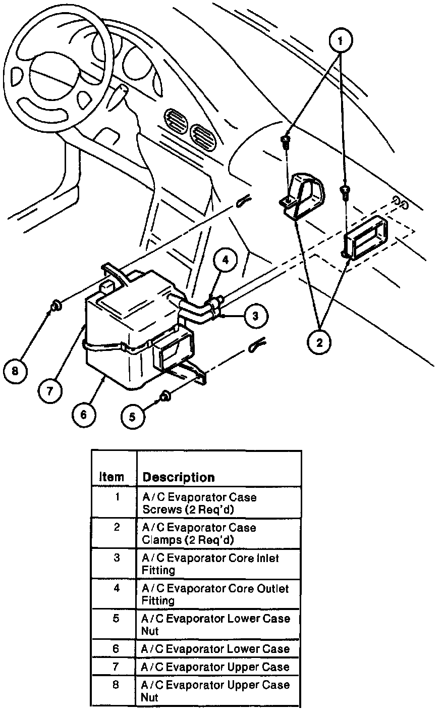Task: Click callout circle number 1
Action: [x=341, y=40]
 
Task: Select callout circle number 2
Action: [x=319, y=343]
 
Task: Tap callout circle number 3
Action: [x=256, y=316]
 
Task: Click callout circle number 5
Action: [x=132, y=416]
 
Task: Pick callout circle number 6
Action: [x=83, y=415]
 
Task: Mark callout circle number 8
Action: [x=15, y=372]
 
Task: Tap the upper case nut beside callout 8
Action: [x=55, y=305]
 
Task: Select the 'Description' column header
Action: [x=179, y=477]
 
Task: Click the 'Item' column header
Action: [x=112, y=477]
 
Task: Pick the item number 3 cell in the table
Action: [x=117, y=558]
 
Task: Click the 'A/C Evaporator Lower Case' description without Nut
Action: [x=215, y=649]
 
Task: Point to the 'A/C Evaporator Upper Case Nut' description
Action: [x=215, y=691]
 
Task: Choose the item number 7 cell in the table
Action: [x=117, y=667]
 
